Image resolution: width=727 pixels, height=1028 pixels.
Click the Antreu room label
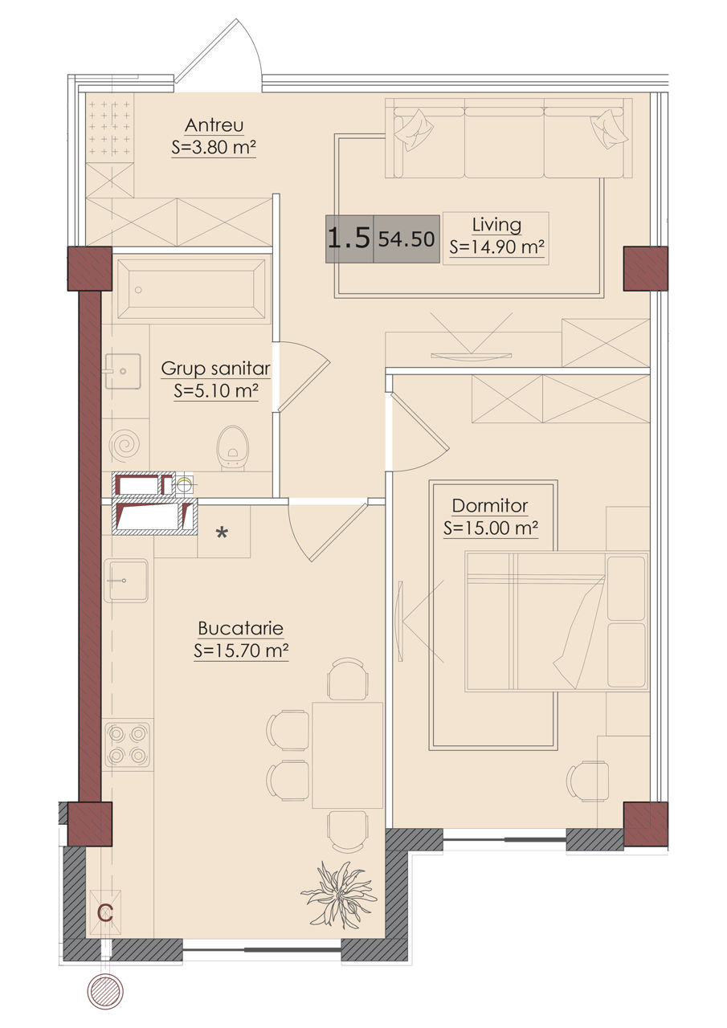click(214, 125)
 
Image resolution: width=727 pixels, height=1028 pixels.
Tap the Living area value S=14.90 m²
click(496, 247)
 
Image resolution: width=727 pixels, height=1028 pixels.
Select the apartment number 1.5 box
click(349, 239)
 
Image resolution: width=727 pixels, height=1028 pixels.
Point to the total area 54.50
click(406, 239)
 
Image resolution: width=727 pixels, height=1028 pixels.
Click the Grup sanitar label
click(216, 369)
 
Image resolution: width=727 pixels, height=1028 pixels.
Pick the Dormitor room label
click(490, 506)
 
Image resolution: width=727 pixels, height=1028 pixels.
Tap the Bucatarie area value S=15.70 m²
click(241, 651)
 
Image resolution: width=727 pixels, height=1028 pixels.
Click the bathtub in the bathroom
click(191, 288)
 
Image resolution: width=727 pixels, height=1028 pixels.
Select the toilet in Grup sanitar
click(233, 448)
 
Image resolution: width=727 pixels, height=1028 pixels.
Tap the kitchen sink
click(126, 581)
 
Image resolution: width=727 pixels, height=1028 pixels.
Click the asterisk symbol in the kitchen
click(223, 533)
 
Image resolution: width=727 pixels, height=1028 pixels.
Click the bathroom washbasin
click(123, 371)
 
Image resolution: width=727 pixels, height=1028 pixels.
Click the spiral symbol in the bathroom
click(125, 445)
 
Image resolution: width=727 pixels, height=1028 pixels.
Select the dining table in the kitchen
click(348, 755)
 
